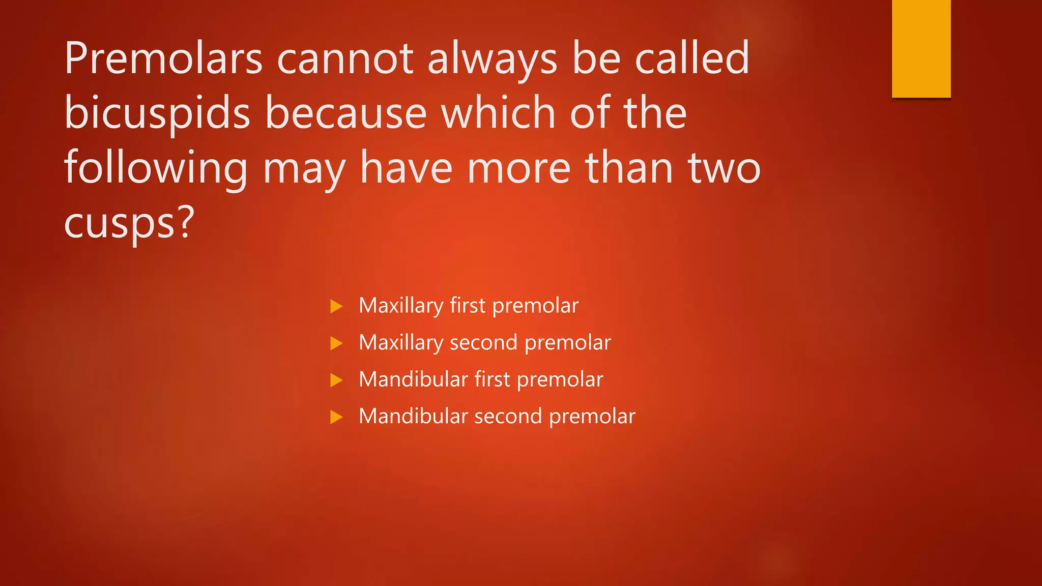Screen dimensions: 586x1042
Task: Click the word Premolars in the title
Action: [163, 58]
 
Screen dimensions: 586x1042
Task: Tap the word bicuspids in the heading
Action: [157, 113]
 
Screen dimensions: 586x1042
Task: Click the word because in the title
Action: [346, 113]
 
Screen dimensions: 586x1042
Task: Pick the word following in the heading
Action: [156, 168]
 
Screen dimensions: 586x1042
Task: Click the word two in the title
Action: [724, 168]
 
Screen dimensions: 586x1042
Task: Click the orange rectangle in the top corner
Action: [921, 48]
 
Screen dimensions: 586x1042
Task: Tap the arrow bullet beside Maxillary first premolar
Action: [336, 306]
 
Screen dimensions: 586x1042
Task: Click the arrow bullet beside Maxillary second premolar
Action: [336, 343]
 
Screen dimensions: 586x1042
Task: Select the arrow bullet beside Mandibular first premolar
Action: [336, 380]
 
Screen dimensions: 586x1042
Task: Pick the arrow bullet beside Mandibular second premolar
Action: [336, 417]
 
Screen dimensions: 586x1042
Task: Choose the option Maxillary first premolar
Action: [469, 306]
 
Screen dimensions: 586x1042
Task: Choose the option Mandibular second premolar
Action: [497, 417]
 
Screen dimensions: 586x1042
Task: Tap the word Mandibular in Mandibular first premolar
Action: [413, 379]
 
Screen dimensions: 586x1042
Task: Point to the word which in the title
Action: [498, 113]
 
